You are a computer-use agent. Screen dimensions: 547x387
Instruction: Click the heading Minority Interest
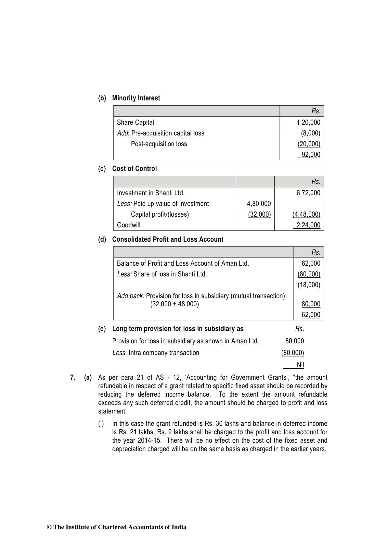pyautogui.click(x=136, y=98)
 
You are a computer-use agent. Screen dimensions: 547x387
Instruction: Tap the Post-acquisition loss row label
pyautogui.click(x=159, y=144)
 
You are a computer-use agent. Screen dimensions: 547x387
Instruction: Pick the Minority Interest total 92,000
pyautogui.click(x=311, y=155)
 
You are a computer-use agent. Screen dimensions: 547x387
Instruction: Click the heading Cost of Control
pyautogui.click(x=134, y=169)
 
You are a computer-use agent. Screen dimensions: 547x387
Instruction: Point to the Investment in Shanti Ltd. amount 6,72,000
pyautogui.click(x=308, y=193)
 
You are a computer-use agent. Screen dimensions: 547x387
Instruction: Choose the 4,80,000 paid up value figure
pyautogui.click(x=259, y=204)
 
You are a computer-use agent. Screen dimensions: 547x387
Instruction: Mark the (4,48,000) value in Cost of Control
pyautogui.click(x=306, y=214)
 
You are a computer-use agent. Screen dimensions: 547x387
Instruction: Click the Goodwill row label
pyautogui.click(x=129, y=225)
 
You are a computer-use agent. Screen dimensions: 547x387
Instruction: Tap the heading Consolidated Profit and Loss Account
pyautogui.click(x=168, y=239)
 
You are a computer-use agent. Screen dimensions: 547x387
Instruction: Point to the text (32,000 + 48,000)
pyautogui.click(x=174, y=304)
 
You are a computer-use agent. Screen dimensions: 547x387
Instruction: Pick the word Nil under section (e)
pyautogui.click(x=300, y=365)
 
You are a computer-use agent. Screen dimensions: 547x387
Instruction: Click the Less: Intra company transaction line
pyautogui.click(x=156, y=353)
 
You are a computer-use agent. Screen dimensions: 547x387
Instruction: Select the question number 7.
pyautogui.click(x=73, y=377)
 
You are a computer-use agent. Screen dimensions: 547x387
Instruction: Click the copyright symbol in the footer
pyautogui.click(x=49, y=527)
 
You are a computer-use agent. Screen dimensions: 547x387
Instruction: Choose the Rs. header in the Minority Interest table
pyautogui.click(x=316, y=111)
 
